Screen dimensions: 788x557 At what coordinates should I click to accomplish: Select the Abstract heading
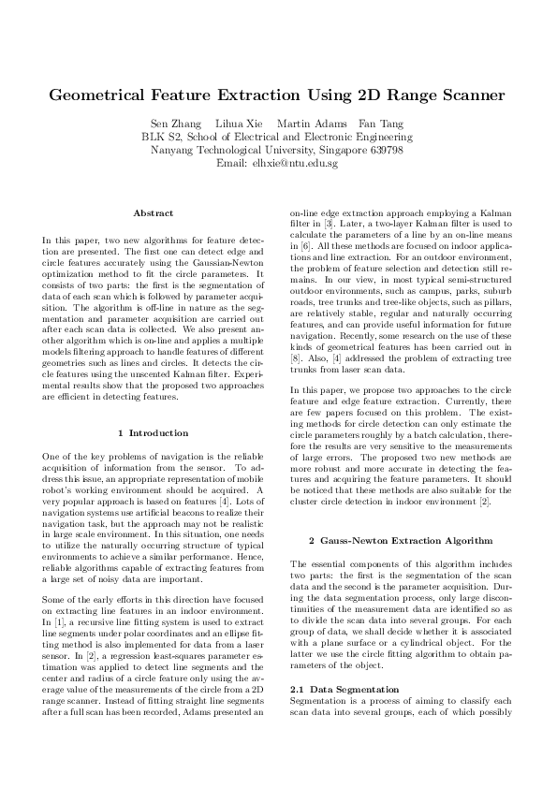click(x=153, y=213)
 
